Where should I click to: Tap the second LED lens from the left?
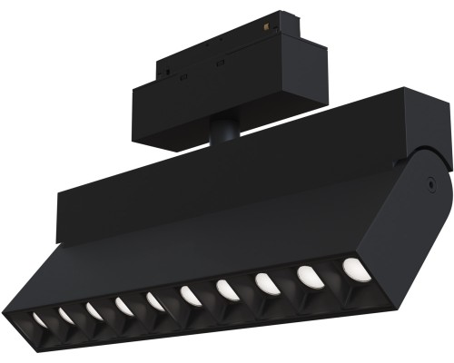(66, 315)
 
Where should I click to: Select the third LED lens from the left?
(94, 311)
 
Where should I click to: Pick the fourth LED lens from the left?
(123, 307)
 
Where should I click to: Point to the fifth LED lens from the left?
(154, 301)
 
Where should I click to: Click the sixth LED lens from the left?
(190, 296)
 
